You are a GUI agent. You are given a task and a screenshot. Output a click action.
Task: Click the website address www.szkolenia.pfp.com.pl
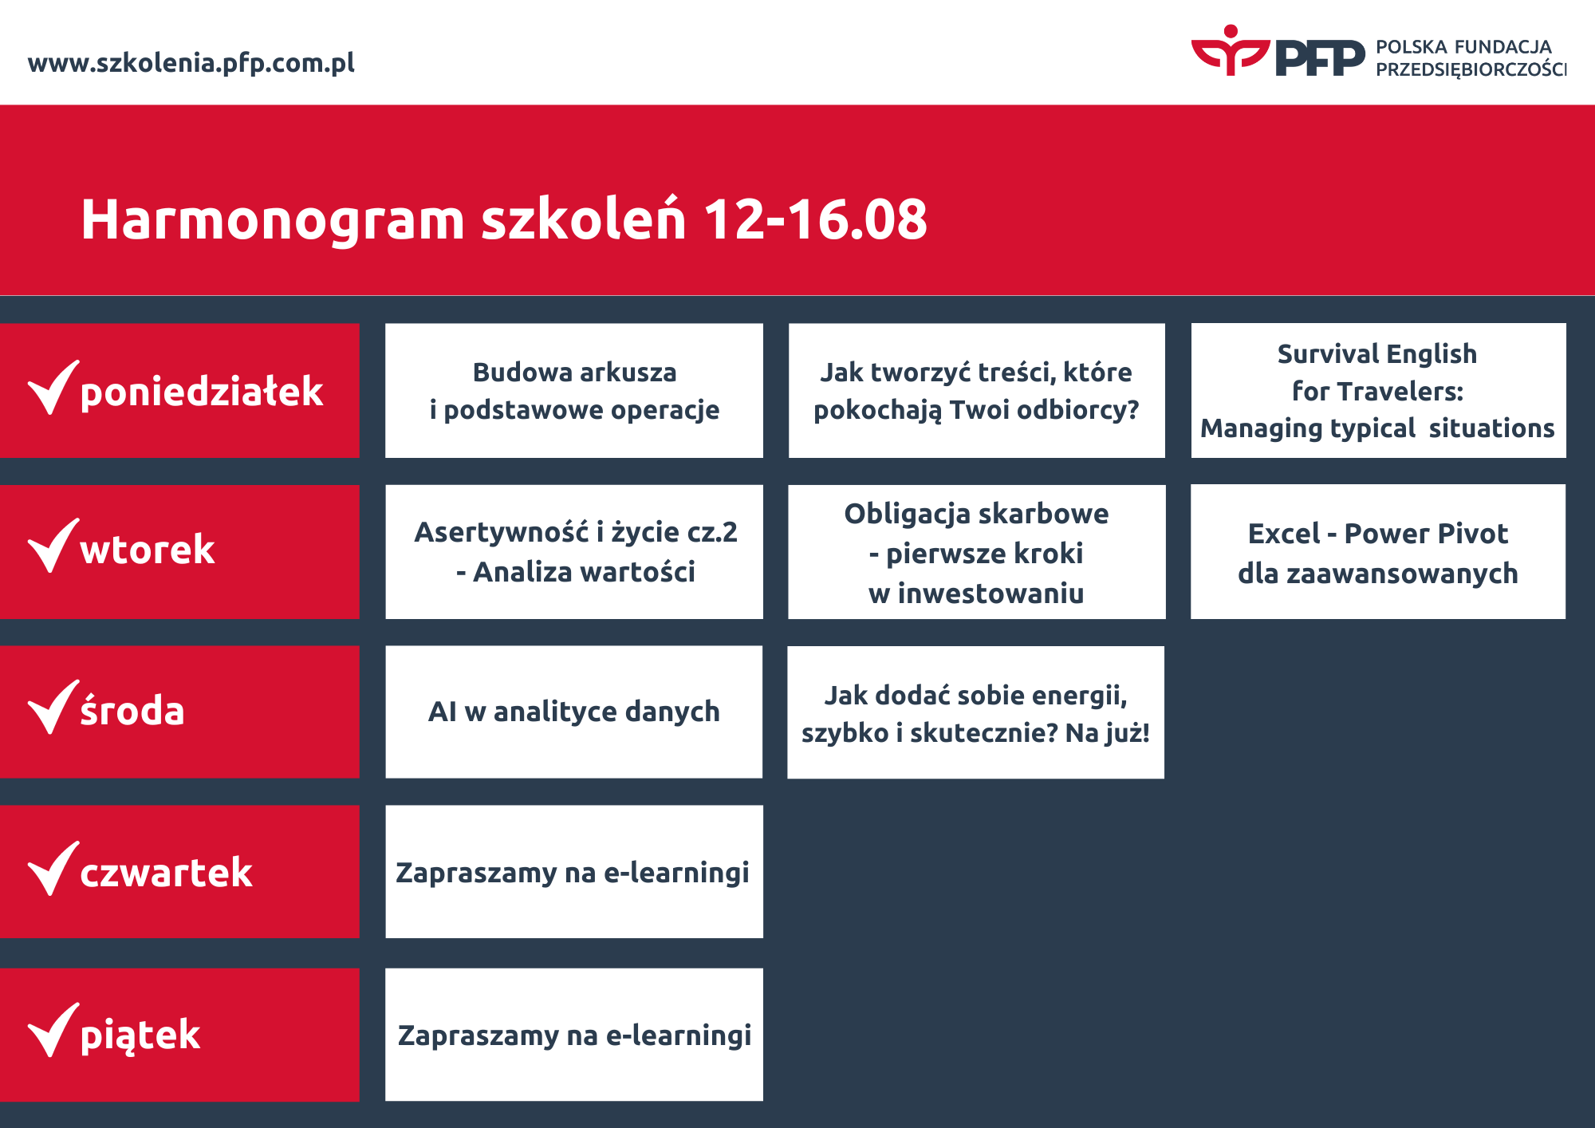click(x=191, y=63)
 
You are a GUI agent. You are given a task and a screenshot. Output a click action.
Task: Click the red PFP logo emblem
click(x=1230, y=50)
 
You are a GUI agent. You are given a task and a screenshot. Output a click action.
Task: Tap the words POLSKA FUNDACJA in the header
click(x=1463, y=47)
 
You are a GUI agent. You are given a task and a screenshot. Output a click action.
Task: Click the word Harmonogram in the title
click(x=273, y=221)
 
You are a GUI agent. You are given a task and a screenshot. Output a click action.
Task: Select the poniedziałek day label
click(x=202, y=392)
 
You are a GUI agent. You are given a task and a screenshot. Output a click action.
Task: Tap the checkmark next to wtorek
click(x=53, y=546)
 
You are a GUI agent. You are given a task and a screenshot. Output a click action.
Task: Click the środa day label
click(x=132, y=709)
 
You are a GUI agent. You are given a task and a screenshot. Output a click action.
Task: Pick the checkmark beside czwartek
click(x=53, y=868)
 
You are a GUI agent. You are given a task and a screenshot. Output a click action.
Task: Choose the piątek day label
click(x=140, y=1035)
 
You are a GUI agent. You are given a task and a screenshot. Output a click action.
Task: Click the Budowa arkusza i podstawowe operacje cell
click(x=574, y=390)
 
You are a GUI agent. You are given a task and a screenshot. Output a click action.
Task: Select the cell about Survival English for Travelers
click(x=1378, y=390)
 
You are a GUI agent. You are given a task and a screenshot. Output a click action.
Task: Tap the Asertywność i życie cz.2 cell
click(x=574, y=551)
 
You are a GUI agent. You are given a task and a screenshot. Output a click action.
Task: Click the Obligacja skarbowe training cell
click(x=977, y=551)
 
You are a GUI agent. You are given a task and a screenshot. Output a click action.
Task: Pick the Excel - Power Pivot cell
click(x=1378, y=551)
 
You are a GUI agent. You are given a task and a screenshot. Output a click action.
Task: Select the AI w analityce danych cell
click(x=574, y=712)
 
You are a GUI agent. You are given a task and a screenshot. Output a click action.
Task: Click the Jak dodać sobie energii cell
click(x=976, y=712)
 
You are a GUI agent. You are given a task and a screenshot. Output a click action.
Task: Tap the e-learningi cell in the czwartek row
click(x=574, y=872)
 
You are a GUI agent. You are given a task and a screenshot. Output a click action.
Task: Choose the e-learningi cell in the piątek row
click(x=574, y=1035)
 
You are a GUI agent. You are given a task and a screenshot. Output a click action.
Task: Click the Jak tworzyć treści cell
click(x=977, y=390)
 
